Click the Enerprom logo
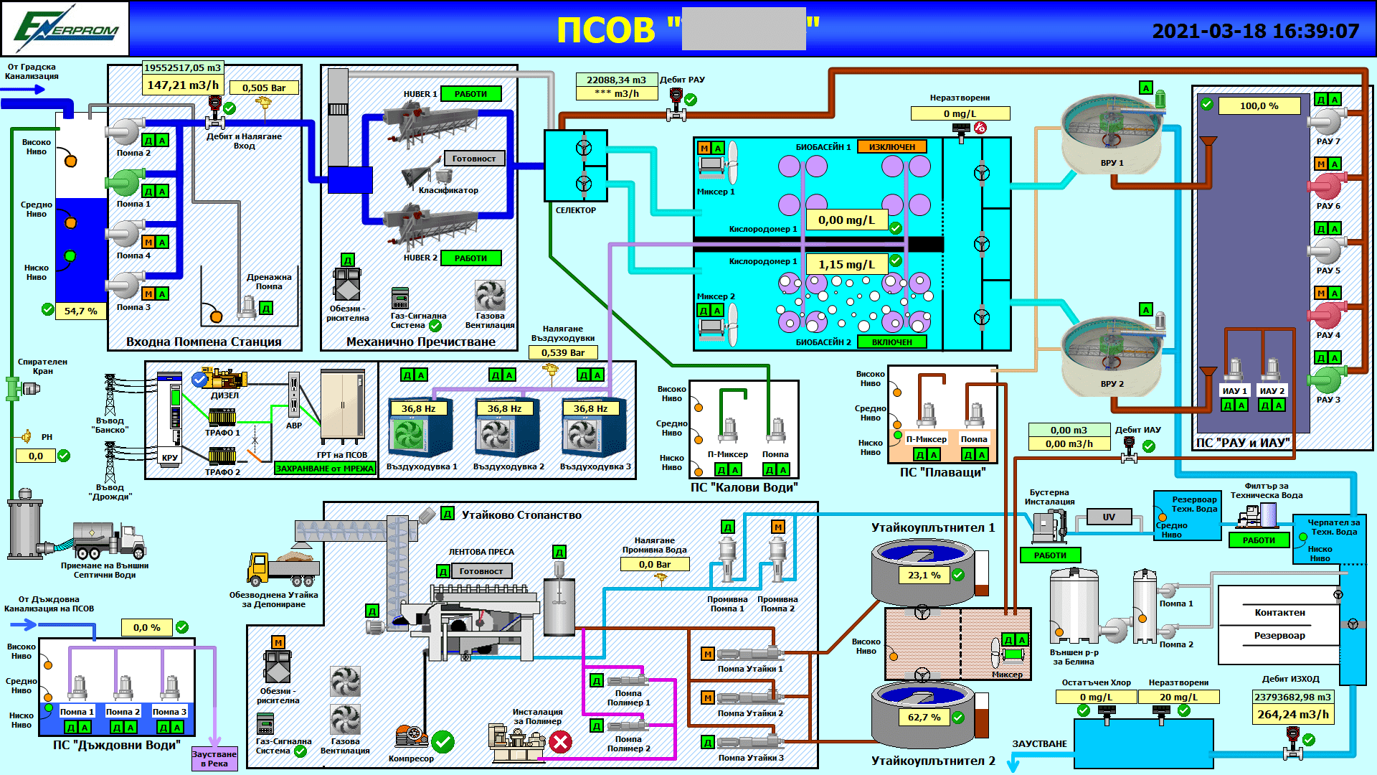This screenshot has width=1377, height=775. pos(65,29)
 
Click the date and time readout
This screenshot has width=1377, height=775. pos(1255,31)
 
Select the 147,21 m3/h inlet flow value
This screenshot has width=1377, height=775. pos(183,85)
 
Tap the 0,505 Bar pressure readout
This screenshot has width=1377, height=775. pos(263,88)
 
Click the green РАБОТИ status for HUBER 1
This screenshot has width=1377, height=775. pos(470,94)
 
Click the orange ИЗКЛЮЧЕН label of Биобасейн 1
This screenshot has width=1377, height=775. pos(891,146)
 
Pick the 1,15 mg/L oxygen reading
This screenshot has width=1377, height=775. pos(846,264)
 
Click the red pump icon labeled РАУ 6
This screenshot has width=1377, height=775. pos(1327,187)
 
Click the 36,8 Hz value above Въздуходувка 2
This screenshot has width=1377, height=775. pos(504,408)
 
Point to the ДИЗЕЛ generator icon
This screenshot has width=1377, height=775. pos(224,378)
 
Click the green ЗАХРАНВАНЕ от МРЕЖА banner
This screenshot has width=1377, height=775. pos(325,468)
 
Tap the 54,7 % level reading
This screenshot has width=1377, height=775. pos(80,311)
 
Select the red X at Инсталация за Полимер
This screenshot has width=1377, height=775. pos(560,742)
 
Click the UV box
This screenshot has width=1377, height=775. pos(1108,517)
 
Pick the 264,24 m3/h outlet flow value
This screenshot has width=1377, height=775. pos(1292,714)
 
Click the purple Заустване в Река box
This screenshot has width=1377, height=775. pos(214,758)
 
